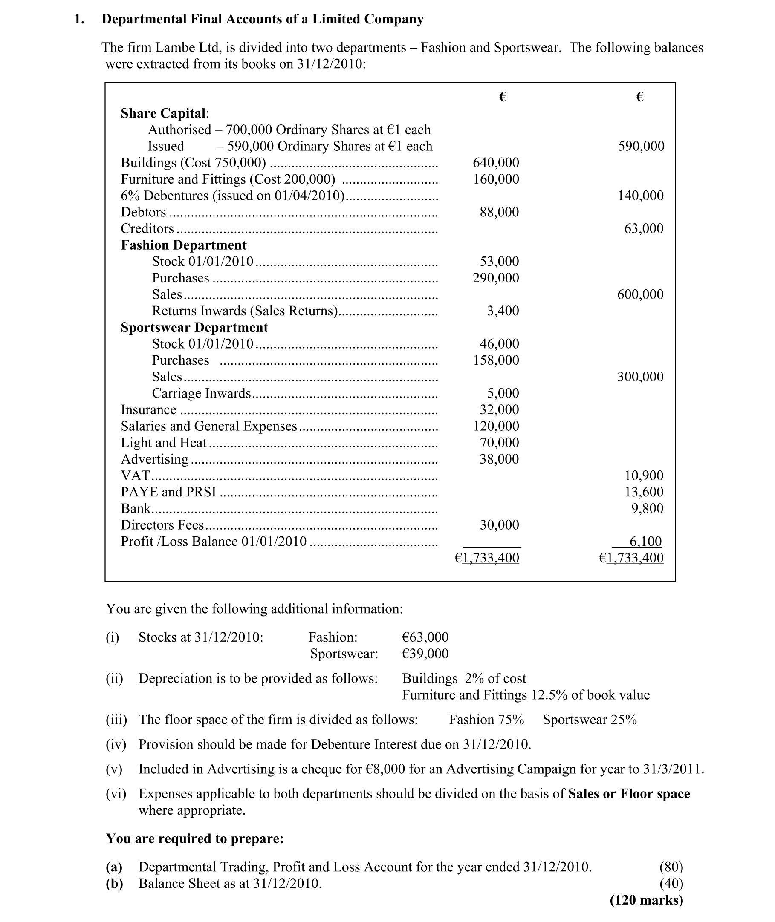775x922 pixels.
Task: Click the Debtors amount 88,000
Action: (499, 212)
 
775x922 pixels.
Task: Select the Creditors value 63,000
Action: (644, 228)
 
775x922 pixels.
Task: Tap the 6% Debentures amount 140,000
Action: (641, 196)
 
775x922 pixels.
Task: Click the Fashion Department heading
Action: (184, 245)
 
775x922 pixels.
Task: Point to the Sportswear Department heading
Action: (194, 328)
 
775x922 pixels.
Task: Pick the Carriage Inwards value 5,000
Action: (503, 393)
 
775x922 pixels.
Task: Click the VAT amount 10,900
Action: (644, 475)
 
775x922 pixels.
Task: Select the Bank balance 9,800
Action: (647, 508)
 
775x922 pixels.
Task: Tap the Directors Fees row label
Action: (162, 525)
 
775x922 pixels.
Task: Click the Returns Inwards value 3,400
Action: (503, 311)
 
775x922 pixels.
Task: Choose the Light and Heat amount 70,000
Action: (499, 443)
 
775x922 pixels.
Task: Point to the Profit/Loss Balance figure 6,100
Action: (645, 542)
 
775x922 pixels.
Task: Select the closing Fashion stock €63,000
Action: (425, 637)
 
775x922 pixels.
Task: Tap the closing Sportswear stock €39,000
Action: (425, 654)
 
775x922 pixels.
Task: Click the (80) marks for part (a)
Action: (671, 867)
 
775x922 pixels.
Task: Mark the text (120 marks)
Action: (646, 900)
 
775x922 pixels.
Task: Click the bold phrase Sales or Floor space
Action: (629, 794)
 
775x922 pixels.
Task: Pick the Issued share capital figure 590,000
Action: (641, 146)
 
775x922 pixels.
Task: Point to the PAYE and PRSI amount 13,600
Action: (644, 492)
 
